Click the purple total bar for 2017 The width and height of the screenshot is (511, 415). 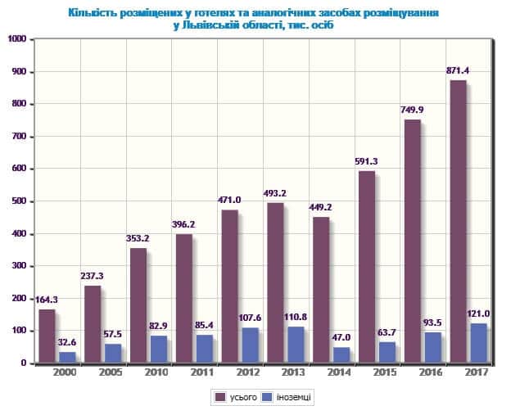[458, 221]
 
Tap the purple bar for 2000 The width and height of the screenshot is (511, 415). [47, 336]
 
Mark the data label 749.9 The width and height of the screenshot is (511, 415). [412, 111]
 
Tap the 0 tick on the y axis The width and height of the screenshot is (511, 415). [24, 363]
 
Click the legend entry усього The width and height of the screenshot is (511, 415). [237, 397]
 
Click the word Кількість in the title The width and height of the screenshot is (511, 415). [93, 14]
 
